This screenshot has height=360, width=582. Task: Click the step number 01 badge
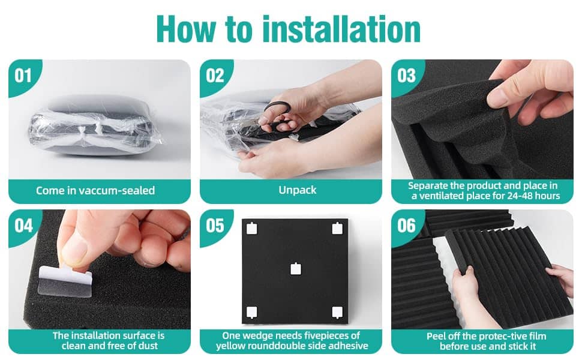coord(23,76)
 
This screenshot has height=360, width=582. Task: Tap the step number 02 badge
coord(215,76)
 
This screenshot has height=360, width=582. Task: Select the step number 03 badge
coord(406,76)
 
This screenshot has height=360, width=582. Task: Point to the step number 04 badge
coord(23,226)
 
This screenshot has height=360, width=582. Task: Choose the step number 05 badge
coord(215,226)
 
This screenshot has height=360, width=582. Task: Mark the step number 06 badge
coord(406,226)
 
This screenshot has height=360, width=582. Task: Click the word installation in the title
coord(341,29)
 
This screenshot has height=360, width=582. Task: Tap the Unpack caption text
coord(298,190)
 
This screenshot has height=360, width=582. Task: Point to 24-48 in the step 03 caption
coord(519,196)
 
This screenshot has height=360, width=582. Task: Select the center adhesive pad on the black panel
coord(295,269)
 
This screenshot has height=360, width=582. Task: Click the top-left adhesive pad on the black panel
coord(251,228)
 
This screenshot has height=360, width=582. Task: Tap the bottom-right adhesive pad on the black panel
coord(337,313)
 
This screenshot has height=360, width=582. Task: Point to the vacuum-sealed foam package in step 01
coord(95,126)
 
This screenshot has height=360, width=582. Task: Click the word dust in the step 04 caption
coord(148,346)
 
